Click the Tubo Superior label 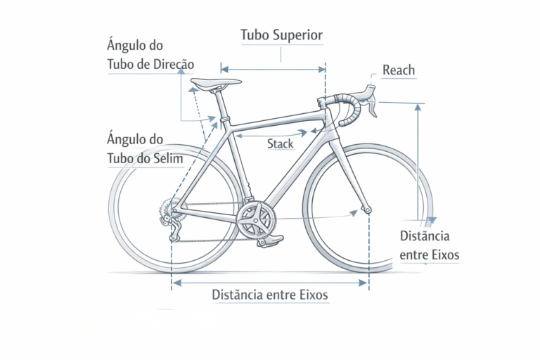coord(281,34)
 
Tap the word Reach coord(399,70)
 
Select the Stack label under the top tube coord(280,144)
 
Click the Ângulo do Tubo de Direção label coord(150,55)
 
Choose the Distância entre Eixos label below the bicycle coord(270,295)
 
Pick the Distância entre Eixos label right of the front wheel coord(429,245)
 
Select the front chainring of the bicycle coord(255,219)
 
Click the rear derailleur coord(171,225)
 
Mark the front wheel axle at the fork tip coord(366,209)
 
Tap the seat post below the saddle coord(222,105)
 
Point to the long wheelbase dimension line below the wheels coord(270,283)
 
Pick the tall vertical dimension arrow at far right coord(420,162)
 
